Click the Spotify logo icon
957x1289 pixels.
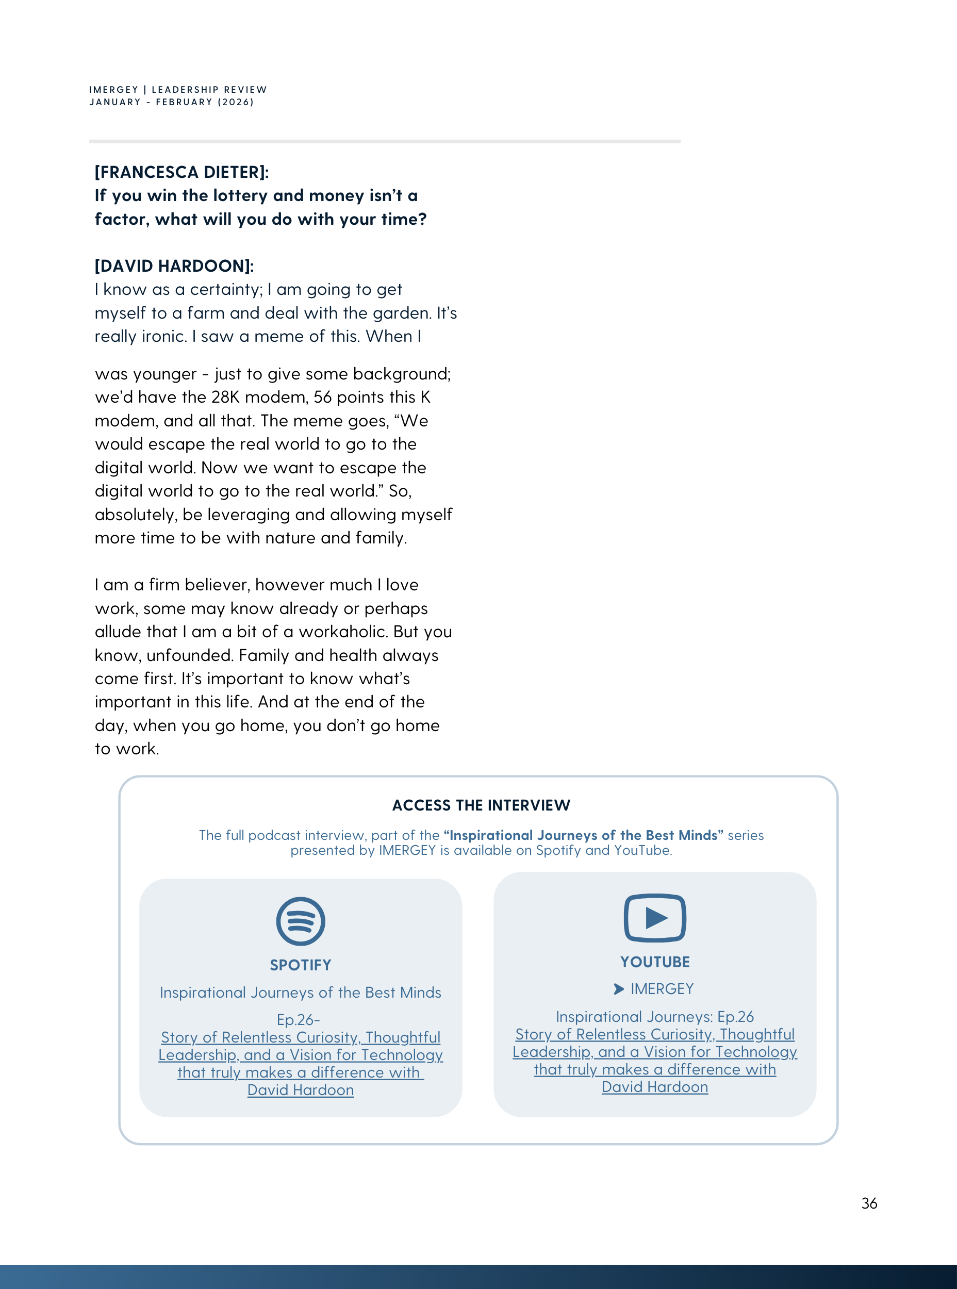[x=300, y=921]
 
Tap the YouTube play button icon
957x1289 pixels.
[x=655, y=918]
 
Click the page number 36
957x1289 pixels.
[x=869, y=1203]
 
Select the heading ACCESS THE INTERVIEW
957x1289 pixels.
[x=481, y=805]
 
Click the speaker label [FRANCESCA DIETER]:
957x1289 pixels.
[x=181, y=172]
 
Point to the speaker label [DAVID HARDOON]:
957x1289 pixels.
[x=174, y=266]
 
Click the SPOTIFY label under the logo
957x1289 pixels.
[x=300, y=965]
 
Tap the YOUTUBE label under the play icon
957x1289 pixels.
[x=655, y=962]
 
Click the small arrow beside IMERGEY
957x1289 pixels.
[x=619, y=989]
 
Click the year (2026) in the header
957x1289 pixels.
[x=236, y=103]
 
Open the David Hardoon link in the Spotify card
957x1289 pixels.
[x=300, y=1090]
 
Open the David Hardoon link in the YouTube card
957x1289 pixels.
[x=655, y=1087]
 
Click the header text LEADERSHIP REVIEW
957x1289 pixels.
[x=209, y=90]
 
